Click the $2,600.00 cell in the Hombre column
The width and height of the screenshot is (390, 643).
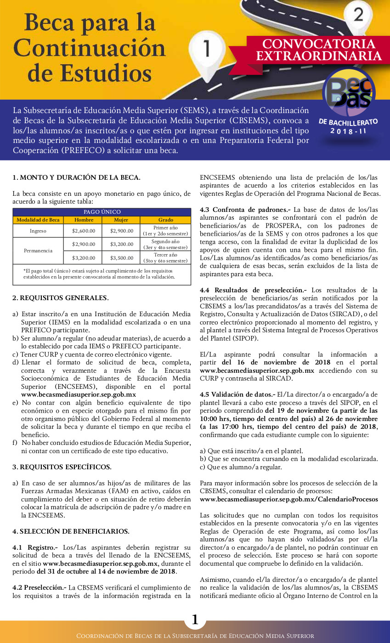tap(83, 231)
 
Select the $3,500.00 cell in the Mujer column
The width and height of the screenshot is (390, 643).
tap(121, 258)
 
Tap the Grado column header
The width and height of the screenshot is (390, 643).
tap(165, 220)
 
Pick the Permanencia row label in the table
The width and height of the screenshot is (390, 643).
tap(38, 251)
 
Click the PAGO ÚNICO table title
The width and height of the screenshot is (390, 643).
tap(102, 212)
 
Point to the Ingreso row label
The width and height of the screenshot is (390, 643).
tap(38, 231)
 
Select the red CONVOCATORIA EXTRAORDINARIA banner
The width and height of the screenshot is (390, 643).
tap(318, 50)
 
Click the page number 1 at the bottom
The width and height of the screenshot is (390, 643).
tap(195, 620)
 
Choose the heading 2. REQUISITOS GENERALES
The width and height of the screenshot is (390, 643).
tap(61, 298)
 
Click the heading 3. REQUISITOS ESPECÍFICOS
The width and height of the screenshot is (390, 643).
tap(62, 467)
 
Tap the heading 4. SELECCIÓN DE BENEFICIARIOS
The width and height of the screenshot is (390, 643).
tap(71, 531)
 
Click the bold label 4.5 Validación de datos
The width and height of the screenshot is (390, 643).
tap(237, 394)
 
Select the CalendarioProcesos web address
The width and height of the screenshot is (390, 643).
tap(289, 499)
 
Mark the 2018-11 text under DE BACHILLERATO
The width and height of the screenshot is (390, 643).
tap(348, 131)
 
